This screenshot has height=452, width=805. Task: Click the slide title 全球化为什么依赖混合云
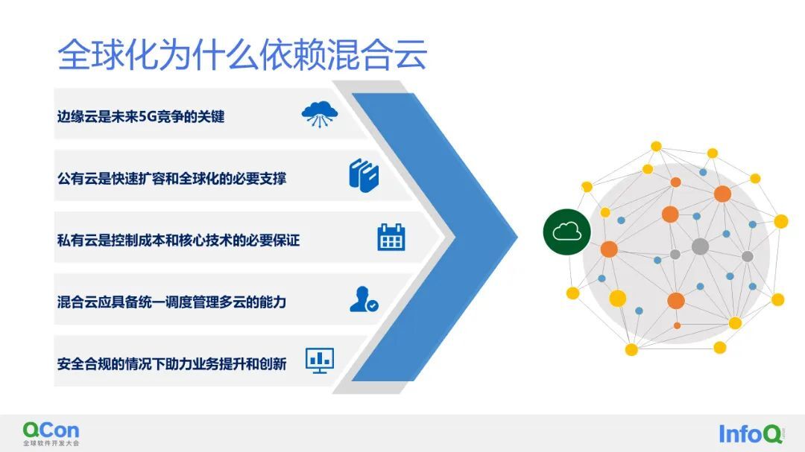241,54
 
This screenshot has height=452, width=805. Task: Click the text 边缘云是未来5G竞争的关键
141,116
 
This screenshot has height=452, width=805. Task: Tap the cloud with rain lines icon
319,114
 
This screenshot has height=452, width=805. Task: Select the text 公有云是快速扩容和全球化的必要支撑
171,179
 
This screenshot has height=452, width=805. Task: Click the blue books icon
364,176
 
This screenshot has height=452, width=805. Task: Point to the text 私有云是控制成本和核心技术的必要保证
178,240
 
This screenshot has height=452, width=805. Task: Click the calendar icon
391,238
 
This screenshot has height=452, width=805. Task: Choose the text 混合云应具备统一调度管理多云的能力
171,302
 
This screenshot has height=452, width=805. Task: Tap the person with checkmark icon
364,299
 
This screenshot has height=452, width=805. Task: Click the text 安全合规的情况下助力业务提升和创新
171,363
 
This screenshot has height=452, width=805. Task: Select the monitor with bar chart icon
320,360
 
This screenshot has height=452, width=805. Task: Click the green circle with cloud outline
566,232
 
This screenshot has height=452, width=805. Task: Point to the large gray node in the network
700,246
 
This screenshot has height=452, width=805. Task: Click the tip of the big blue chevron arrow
517,237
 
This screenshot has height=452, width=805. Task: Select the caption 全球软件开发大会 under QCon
51,443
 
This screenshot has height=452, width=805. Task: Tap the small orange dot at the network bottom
677,326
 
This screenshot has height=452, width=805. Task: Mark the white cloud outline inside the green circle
566,232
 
